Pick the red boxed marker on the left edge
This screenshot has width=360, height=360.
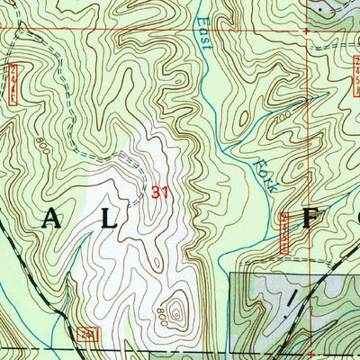(13, 81)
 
